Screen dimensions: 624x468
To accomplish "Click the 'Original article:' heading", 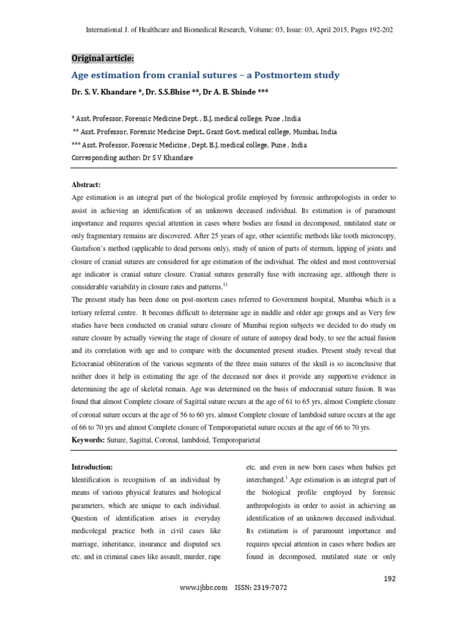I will point(102,58).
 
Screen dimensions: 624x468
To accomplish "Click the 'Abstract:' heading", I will point(86,185).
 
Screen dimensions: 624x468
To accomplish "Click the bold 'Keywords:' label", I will point(88,439).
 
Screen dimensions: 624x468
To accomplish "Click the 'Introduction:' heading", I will point(92,466).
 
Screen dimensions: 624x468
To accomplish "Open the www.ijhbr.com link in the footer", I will point(204,587).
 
